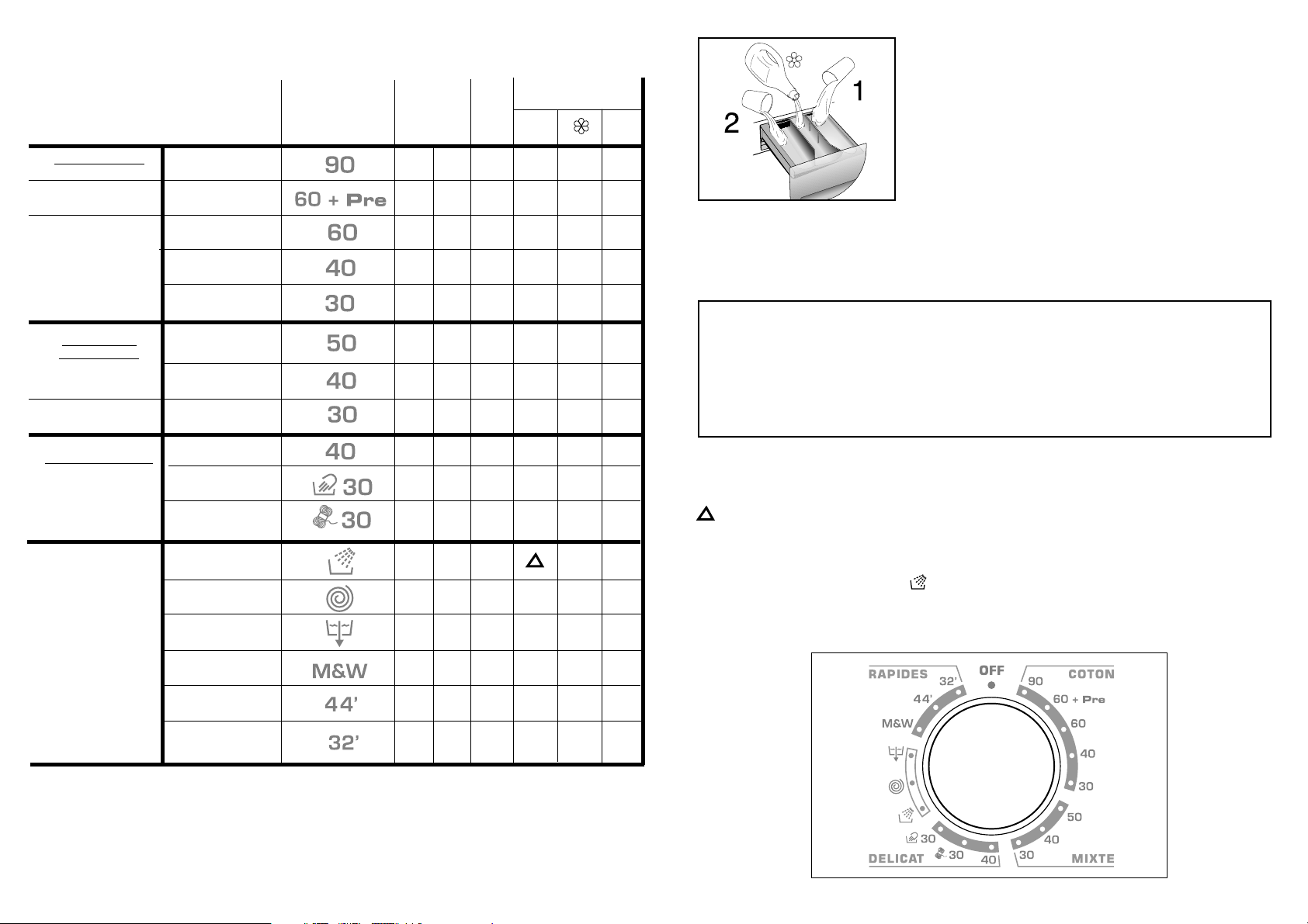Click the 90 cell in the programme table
(339, 164)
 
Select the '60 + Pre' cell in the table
(340, 199)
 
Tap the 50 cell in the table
(341, 343)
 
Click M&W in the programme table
(339, 670)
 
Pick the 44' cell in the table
(341, 704)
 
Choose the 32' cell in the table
(343, 742)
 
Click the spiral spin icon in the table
(339, 598)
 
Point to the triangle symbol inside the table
(535, 562)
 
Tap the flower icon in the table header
(581, 126)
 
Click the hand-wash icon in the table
(324, 485)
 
